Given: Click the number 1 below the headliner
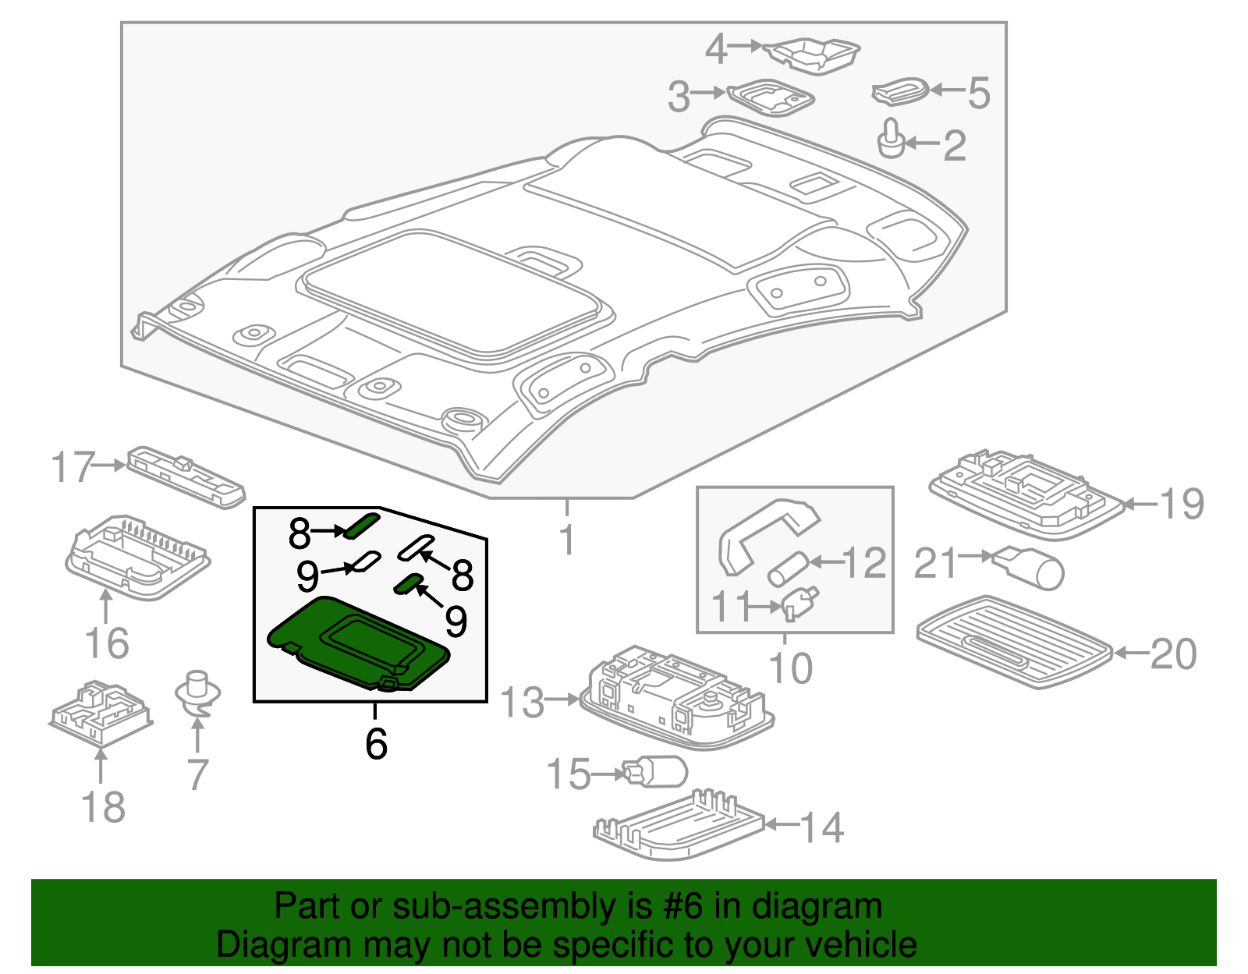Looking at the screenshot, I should click(568, 540).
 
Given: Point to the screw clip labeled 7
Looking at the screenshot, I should click(197, 693).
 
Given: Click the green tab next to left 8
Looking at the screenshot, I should click(362, 525).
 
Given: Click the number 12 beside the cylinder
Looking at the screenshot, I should click(864, 562).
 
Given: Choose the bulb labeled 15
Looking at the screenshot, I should click(655, 772).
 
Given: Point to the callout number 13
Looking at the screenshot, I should click(522, 702).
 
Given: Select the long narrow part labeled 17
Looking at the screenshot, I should click(186, 476).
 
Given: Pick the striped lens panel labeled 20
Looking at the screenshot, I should click(1014, 641).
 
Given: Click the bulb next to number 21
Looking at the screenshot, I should click(1030, 567).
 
